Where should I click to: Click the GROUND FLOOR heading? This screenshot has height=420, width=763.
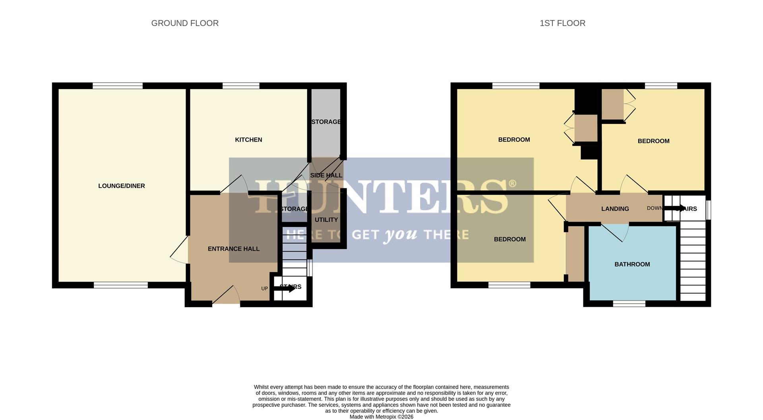point(185,23)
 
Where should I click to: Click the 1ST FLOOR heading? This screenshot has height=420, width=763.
point(562,23)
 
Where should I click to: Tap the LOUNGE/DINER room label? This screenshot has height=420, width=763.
point(122,186)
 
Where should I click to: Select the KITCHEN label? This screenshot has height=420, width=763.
point(248,140)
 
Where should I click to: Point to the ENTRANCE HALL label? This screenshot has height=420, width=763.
point(234,249)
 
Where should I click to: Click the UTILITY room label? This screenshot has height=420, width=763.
point(326,220)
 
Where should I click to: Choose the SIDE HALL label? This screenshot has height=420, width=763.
point(326,175)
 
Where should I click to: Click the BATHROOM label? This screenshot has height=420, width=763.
point(632,264)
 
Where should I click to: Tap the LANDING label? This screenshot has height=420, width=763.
point(615,209)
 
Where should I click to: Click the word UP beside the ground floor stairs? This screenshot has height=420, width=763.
point(265,288)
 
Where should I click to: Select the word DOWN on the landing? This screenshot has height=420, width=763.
point(655,208)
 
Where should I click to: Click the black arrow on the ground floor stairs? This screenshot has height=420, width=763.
point(285,288)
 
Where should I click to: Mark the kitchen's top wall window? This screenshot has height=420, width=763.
point(241,86)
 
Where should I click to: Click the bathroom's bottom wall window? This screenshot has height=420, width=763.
point(629,304)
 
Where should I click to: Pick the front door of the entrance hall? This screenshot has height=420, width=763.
point(226,296)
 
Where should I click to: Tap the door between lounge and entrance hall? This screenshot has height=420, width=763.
point(180,250)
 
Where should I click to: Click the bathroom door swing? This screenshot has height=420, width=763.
point(615,233)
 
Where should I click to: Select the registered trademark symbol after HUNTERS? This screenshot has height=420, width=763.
point(512,184)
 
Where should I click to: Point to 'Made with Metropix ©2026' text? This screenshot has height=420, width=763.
point(381,417)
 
